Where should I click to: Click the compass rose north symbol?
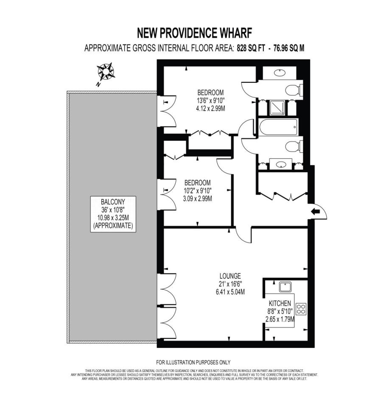point(105,71)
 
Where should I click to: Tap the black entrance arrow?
point(315,212)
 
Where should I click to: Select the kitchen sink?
point(286,287)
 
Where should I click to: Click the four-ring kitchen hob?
point(301,309)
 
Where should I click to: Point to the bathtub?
point(278,127)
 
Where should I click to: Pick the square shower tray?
point(277,108)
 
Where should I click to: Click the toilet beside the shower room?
point(294,90)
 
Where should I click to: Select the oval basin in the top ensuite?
point(280,73)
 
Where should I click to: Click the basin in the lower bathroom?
point(281,164)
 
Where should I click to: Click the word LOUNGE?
point(230,276)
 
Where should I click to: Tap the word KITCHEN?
point(280,303)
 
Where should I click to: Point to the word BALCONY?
point(113,202)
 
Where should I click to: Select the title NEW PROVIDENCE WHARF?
point(195,33)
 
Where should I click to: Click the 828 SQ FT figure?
point(251,48)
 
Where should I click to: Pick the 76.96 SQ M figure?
point(289,48)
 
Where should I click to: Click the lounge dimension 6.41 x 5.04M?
point(230,292)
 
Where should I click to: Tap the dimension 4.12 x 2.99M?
point(210,109)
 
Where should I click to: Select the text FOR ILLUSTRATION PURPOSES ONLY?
point(193,362)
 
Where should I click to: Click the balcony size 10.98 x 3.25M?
point(113,218)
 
